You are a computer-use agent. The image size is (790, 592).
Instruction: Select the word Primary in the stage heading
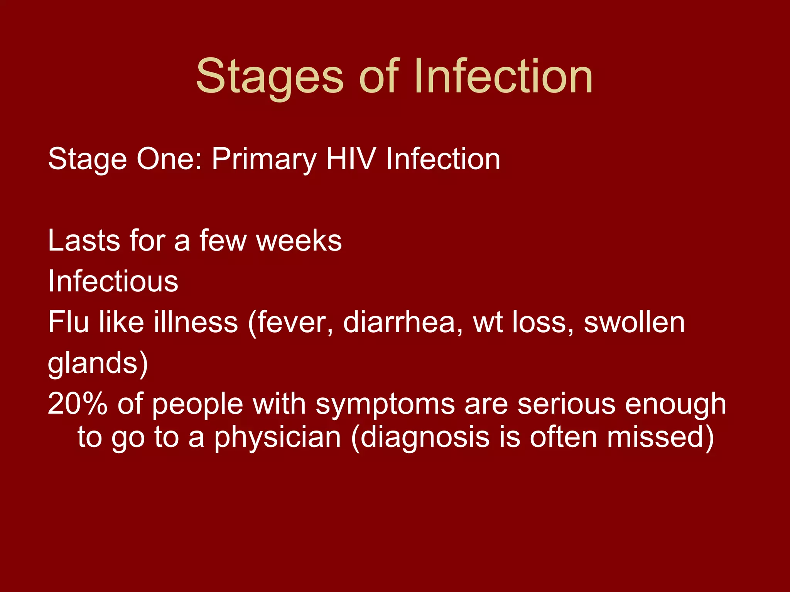[264, 159]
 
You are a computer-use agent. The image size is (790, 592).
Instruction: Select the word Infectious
[113, 281]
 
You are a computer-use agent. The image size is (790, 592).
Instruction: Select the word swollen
[634, 322]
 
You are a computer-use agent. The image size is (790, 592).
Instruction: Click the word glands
[93, 363]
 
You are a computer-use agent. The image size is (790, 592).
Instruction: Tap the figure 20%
[78, 404]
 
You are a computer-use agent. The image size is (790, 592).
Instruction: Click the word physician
[277, 437]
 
